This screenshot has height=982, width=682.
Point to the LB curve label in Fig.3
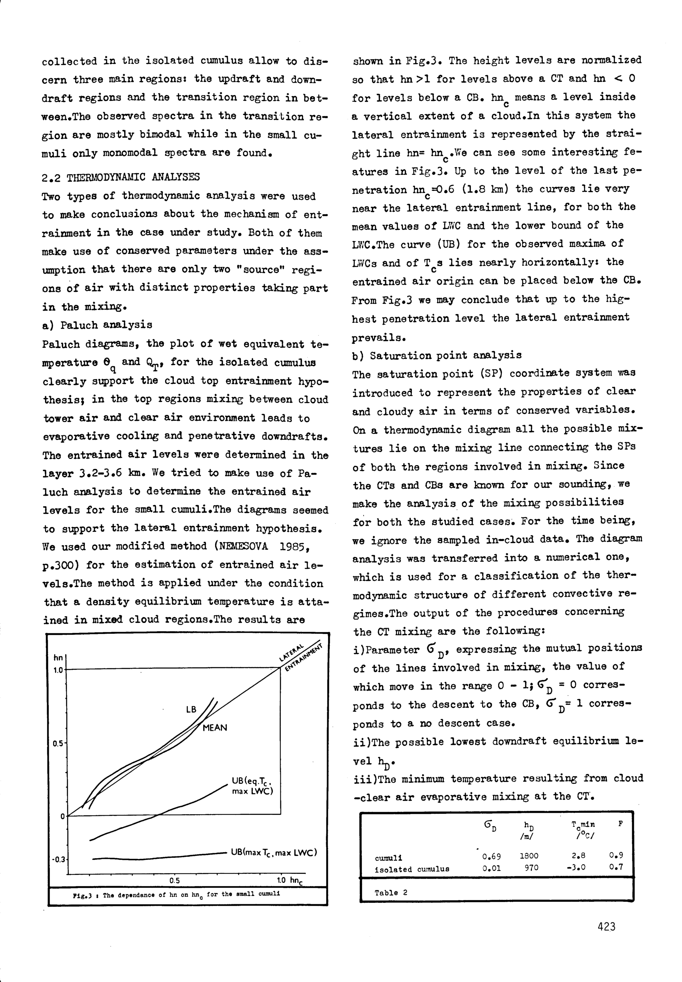click(x=191, y=709)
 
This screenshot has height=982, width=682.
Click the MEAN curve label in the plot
click(x=214, y=728)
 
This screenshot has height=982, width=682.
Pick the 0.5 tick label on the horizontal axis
click(x=174, y=880)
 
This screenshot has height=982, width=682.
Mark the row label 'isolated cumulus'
click(x=412, y=869)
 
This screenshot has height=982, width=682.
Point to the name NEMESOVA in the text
click(x=242, y=547)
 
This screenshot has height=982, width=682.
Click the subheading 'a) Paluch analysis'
click(x=98, y=325)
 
